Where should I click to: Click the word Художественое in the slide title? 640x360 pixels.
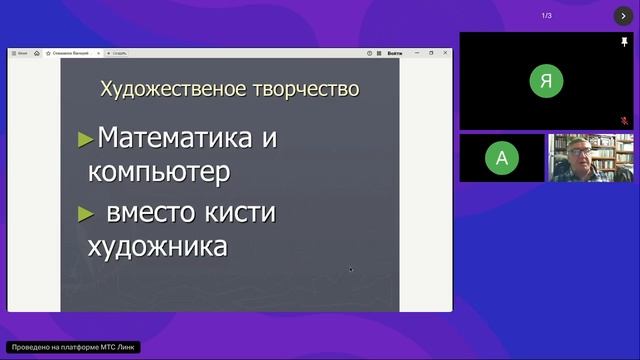tap(162, 89)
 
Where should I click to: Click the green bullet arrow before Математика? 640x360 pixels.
tap(86, 139)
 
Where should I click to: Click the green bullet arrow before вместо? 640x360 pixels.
tap(86, 214)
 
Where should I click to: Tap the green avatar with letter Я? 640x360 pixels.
tap(545, 82)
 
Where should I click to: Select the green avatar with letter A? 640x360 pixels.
tap(501, 157)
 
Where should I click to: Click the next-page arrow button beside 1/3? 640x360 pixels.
tap(623, 16)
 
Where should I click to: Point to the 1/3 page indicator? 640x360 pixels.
tap(547, 16)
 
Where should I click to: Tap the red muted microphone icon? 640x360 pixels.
tap(624, 120)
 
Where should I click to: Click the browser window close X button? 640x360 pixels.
tap(445, 52)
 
